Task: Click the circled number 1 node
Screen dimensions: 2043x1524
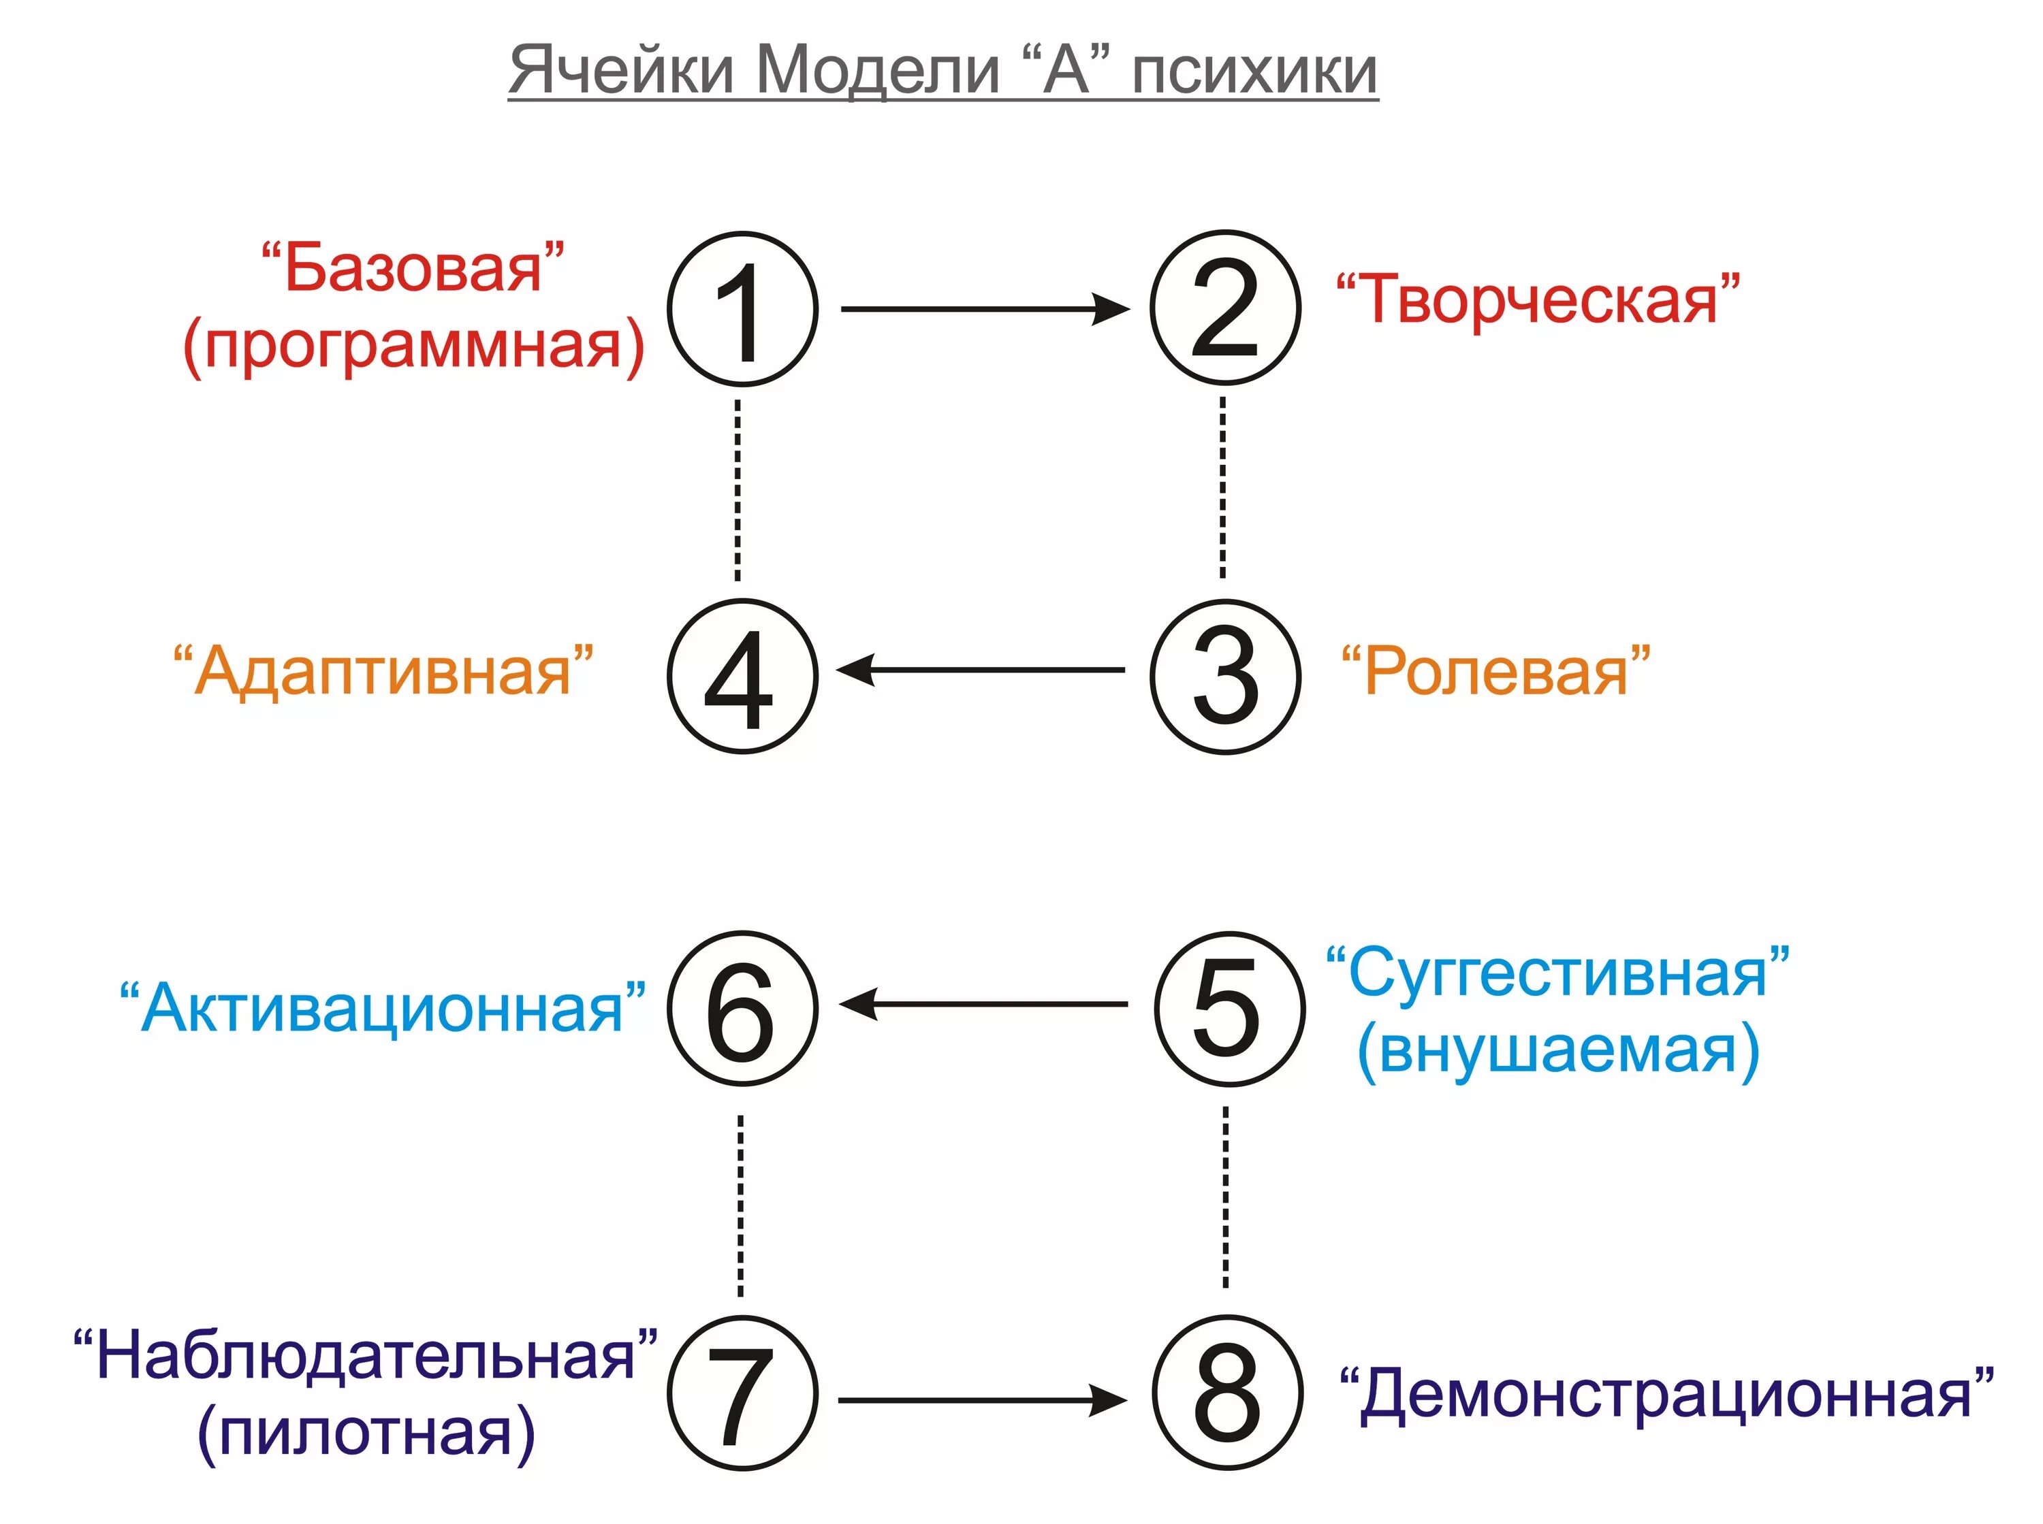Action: tap(742, 309)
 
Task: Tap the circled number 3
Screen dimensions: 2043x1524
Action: tap(1224, 676)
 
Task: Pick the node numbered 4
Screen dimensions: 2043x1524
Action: tap(742, 676)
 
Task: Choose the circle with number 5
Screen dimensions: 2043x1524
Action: tap(1229, 1008)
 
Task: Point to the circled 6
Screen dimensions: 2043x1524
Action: tap(742, 1008)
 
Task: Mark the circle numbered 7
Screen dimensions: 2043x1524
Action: tap(742, 1394)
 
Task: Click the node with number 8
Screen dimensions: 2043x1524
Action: tap(1226, 1394)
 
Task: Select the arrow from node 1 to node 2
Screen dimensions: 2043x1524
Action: tap(983, 309)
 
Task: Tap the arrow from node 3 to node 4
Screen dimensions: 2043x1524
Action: tap(982, 670)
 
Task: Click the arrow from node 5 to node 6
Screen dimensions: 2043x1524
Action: tap(983, 1004)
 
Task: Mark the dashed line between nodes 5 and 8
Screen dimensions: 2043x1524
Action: tap(1225, 1197)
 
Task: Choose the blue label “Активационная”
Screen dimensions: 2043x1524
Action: tap(383, 1007)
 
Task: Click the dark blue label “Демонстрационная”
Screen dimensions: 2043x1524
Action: tap(1666, 1394)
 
